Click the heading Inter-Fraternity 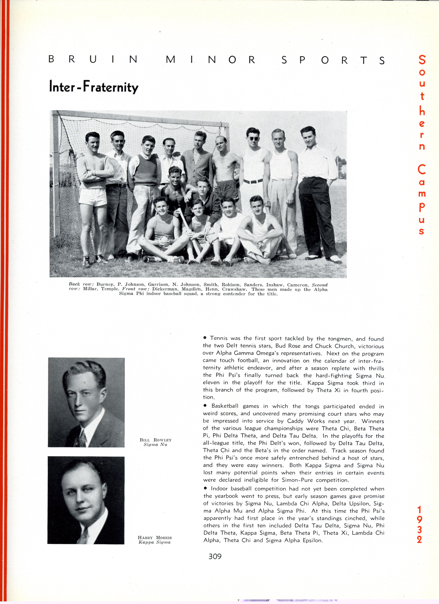tap(94, 87)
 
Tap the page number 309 tap(215, 556)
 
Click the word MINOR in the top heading tap(211, 60)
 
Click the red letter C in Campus tap(421, 170)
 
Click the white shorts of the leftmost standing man tap(93, 197)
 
